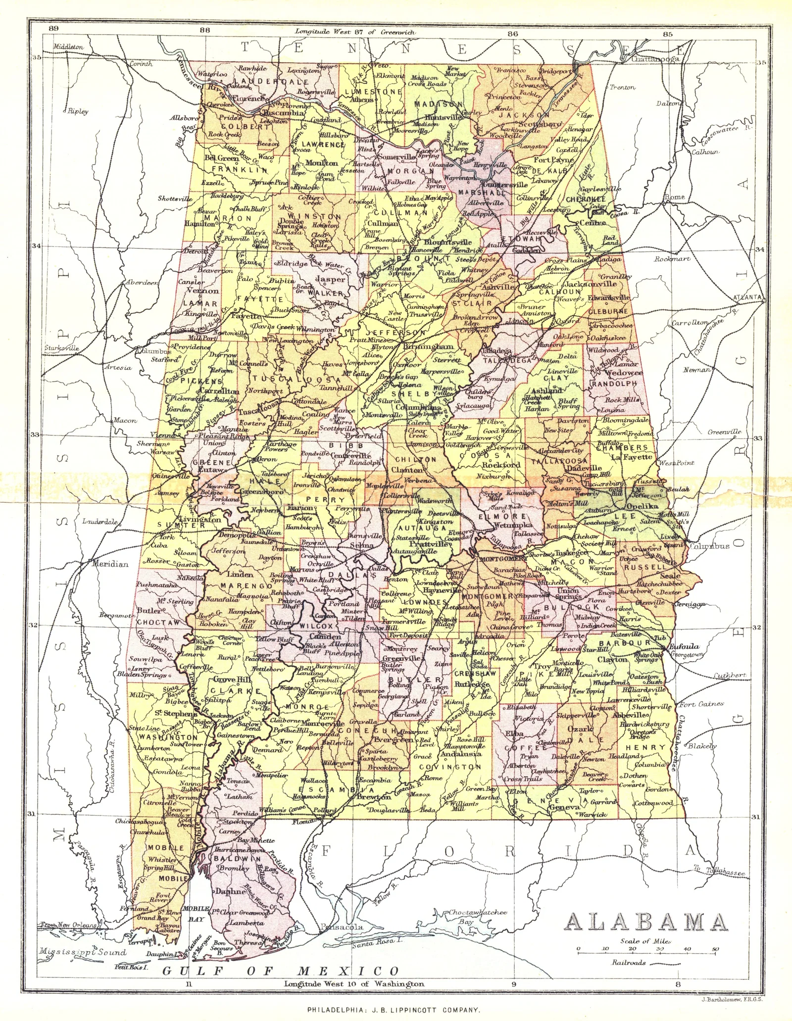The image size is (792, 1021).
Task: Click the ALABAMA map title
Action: tap(646, 922)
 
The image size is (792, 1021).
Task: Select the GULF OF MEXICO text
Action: tap(281, 971)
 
